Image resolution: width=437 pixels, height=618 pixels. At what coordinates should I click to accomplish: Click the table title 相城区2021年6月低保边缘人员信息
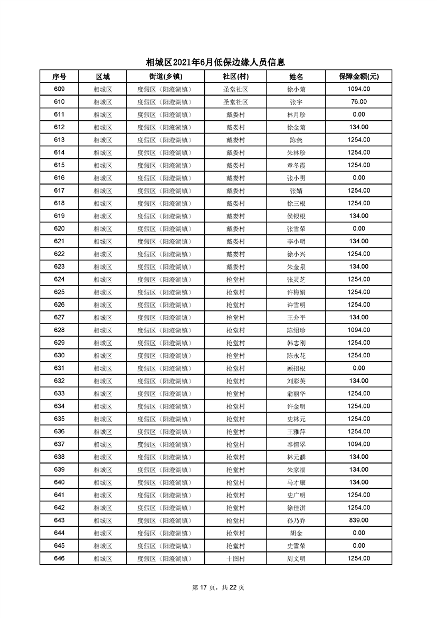[x=218, y=62]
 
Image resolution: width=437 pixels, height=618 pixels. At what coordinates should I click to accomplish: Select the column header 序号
[x=59, y=77]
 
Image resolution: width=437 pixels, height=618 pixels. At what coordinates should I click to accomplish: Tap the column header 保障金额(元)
[x=358, y=77]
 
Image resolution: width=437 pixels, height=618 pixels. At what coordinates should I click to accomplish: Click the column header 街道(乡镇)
[x=164, y=77]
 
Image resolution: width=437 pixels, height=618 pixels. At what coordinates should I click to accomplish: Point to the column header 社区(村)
[x=235, y=77]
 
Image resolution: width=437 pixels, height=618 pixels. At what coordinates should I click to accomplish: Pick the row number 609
[x=59, y=89]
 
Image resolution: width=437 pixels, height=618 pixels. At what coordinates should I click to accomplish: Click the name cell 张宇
[x=296, y=102]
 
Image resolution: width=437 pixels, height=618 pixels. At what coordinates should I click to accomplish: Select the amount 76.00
[x=358, y=102]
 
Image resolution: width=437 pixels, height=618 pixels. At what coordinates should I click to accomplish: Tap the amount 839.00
[x=358, y=520]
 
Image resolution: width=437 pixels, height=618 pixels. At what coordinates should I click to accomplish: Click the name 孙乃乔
[x=296, y=520]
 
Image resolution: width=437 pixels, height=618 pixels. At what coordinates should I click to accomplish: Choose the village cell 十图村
[x=235, y=558]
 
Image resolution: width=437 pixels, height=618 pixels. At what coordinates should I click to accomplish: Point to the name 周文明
[x=296, y=558]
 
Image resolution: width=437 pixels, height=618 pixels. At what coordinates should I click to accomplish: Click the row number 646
[x=59, y=558]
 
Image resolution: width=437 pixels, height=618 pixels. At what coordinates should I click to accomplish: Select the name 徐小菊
[x=296, y=89]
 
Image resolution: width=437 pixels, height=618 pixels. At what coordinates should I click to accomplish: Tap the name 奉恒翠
[x=296, y=444]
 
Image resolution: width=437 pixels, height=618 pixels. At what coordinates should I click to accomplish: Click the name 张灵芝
[x=296, y=279]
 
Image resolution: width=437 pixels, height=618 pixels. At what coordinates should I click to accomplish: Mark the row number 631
[x=59, y=368]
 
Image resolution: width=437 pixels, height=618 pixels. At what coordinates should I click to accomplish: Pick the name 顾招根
[x=296, y=368]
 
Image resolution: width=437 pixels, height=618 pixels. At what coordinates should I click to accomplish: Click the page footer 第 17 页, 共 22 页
[x=218, y=587]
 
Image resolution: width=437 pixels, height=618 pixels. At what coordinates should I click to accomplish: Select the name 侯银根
[x=296, y=216]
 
